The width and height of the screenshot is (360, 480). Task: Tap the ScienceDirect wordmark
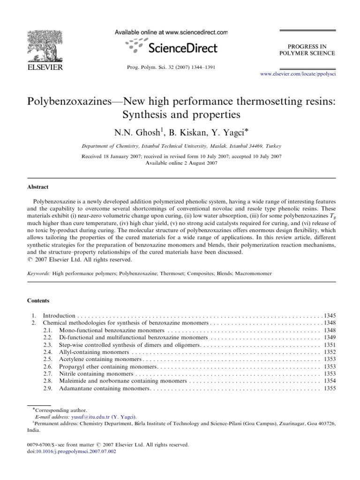(182, 48)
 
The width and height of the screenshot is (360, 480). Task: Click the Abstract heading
(37, 187)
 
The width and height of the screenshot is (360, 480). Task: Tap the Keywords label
(38, 272)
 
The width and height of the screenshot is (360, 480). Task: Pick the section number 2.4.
(48, 351)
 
